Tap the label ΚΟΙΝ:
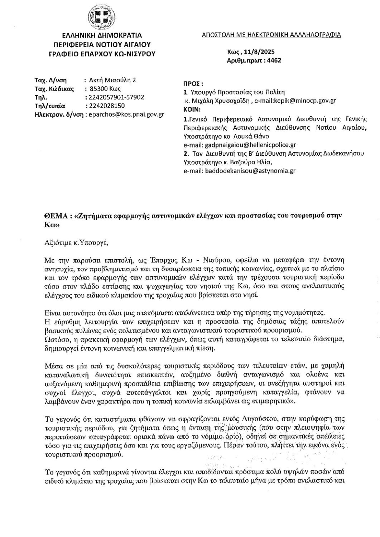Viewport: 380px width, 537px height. [x=192, y=110]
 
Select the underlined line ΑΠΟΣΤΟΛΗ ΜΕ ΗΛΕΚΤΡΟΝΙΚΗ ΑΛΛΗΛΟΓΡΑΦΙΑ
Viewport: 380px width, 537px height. [x=271, y=35]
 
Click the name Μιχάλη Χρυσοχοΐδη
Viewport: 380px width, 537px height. [x=223, y=101]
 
